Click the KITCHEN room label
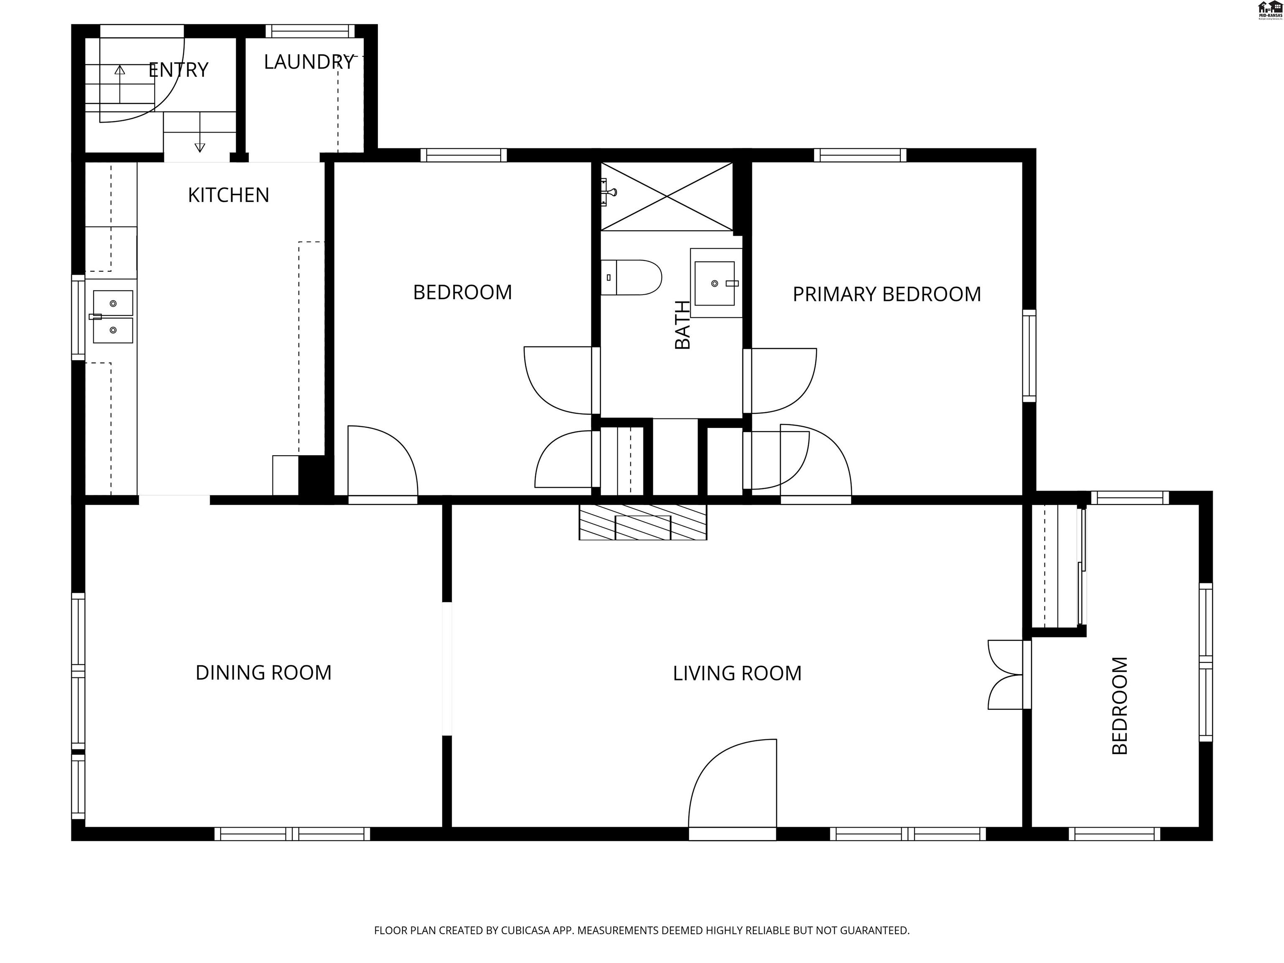228,195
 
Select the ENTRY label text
178,70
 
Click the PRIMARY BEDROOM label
887,294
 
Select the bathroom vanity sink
715,283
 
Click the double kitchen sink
113,317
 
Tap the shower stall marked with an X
666,197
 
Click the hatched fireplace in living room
642,522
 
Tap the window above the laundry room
310,31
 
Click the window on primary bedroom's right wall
1029,355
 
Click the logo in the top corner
1269,10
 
